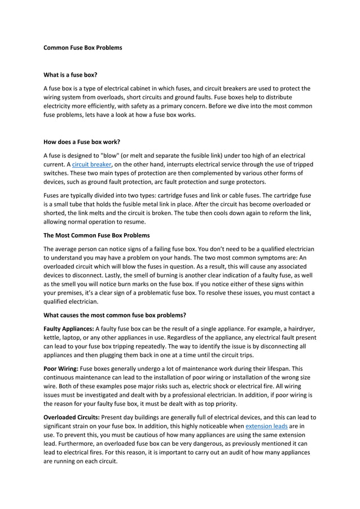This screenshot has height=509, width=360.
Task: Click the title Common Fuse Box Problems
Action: tap(82, 47)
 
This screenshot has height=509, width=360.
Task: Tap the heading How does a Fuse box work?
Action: tap(82, 141)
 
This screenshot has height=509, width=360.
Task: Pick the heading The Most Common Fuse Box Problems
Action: tap(96, 235)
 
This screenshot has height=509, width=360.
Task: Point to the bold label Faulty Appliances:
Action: tap(68, 328)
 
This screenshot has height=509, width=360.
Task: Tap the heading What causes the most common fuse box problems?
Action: tap(115, 314)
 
